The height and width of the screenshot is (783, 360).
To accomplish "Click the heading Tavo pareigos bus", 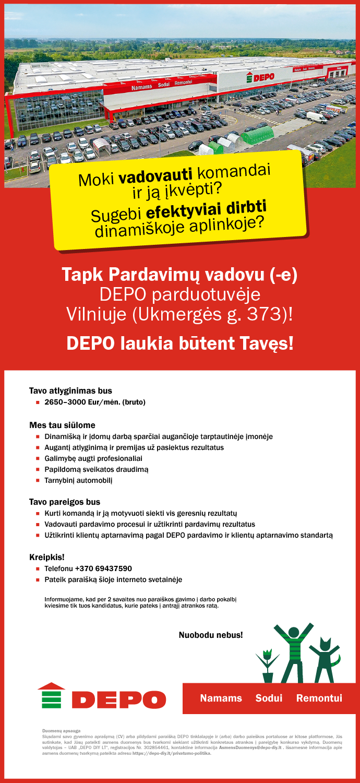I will tap(65, 502).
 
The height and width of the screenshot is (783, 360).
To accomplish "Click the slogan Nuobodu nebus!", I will tap(211, 635).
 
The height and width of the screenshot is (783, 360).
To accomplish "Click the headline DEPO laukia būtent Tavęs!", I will tap(180, 343).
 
